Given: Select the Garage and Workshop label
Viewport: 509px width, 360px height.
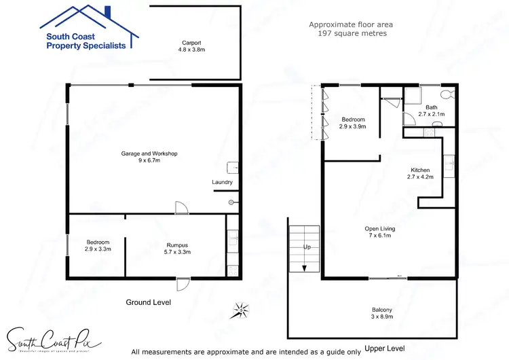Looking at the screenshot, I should (x=149, y=158).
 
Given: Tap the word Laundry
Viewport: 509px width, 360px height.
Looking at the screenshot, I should (x=222, y=182).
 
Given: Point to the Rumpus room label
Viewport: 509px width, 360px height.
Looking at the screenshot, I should (x=178, y=248).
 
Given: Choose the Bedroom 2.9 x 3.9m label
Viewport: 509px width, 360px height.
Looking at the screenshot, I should (x=353, y=123).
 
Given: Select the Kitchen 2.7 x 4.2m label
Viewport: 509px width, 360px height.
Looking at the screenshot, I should (x=421, y=173).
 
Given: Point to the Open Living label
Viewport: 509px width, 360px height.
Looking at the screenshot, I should (x=379, y=232).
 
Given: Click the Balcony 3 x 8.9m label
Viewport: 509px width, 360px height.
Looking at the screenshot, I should (x=381, y=313).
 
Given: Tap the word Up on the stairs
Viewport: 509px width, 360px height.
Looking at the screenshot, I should (x=307, y=247).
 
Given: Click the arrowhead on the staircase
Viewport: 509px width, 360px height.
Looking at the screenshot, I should (x=304, y=268).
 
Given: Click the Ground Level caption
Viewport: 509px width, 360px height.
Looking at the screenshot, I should (x=149, y=302).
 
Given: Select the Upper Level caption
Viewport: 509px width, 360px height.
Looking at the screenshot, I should (x=384, y=348).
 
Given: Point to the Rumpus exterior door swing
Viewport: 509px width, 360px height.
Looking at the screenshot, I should (x=182, y=285).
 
